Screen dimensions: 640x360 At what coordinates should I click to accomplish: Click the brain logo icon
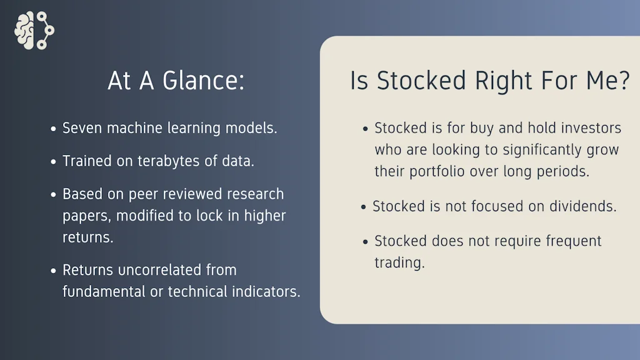pyautogui.click(x=34, y=31)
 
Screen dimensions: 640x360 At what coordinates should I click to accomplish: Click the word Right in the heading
pyautogui.click(x=504, y=81)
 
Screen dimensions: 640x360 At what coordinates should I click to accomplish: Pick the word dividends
pyautogui.click(x=582, y=206)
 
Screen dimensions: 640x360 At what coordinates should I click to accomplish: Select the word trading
pyautogui.click(x=399, y=263)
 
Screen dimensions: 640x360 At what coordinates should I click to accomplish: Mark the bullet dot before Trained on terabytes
pyautogui.click(x=54, y=162)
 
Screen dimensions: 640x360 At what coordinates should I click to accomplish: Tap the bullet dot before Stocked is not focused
pyautogui.click(x=364, y=207)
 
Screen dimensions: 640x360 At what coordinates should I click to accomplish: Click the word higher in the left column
pyautogui.click(x=265, y=216)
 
